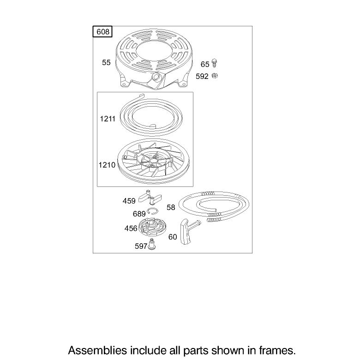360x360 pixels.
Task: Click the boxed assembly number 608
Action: point(102,32)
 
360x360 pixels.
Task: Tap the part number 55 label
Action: point(106,62)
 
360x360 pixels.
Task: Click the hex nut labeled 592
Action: point(215,76)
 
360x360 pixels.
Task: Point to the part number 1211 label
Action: point(108,119)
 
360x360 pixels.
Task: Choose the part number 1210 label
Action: point(107,165)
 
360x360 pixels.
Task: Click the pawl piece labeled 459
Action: point(150,197)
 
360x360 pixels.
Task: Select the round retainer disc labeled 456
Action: point(150,228)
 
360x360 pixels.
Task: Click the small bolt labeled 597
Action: point(151,244)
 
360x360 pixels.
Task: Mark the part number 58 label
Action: point(171,207)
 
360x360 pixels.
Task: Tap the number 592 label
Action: point(202,76)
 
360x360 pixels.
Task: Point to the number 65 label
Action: point(205,64)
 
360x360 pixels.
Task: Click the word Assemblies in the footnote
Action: point(97,350)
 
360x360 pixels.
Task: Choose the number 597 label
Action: point(141,246)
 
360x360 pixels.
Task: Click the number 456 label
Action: point(131,228)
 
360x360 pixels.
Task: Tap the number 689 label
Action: point(139,214)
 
